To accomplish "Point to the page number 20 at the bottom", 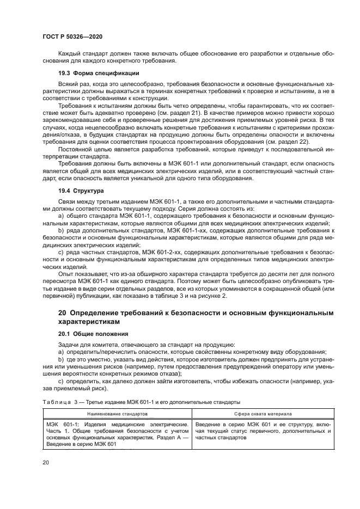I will [46, 462].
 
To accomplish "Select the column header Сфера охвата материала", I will [257, 413].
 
